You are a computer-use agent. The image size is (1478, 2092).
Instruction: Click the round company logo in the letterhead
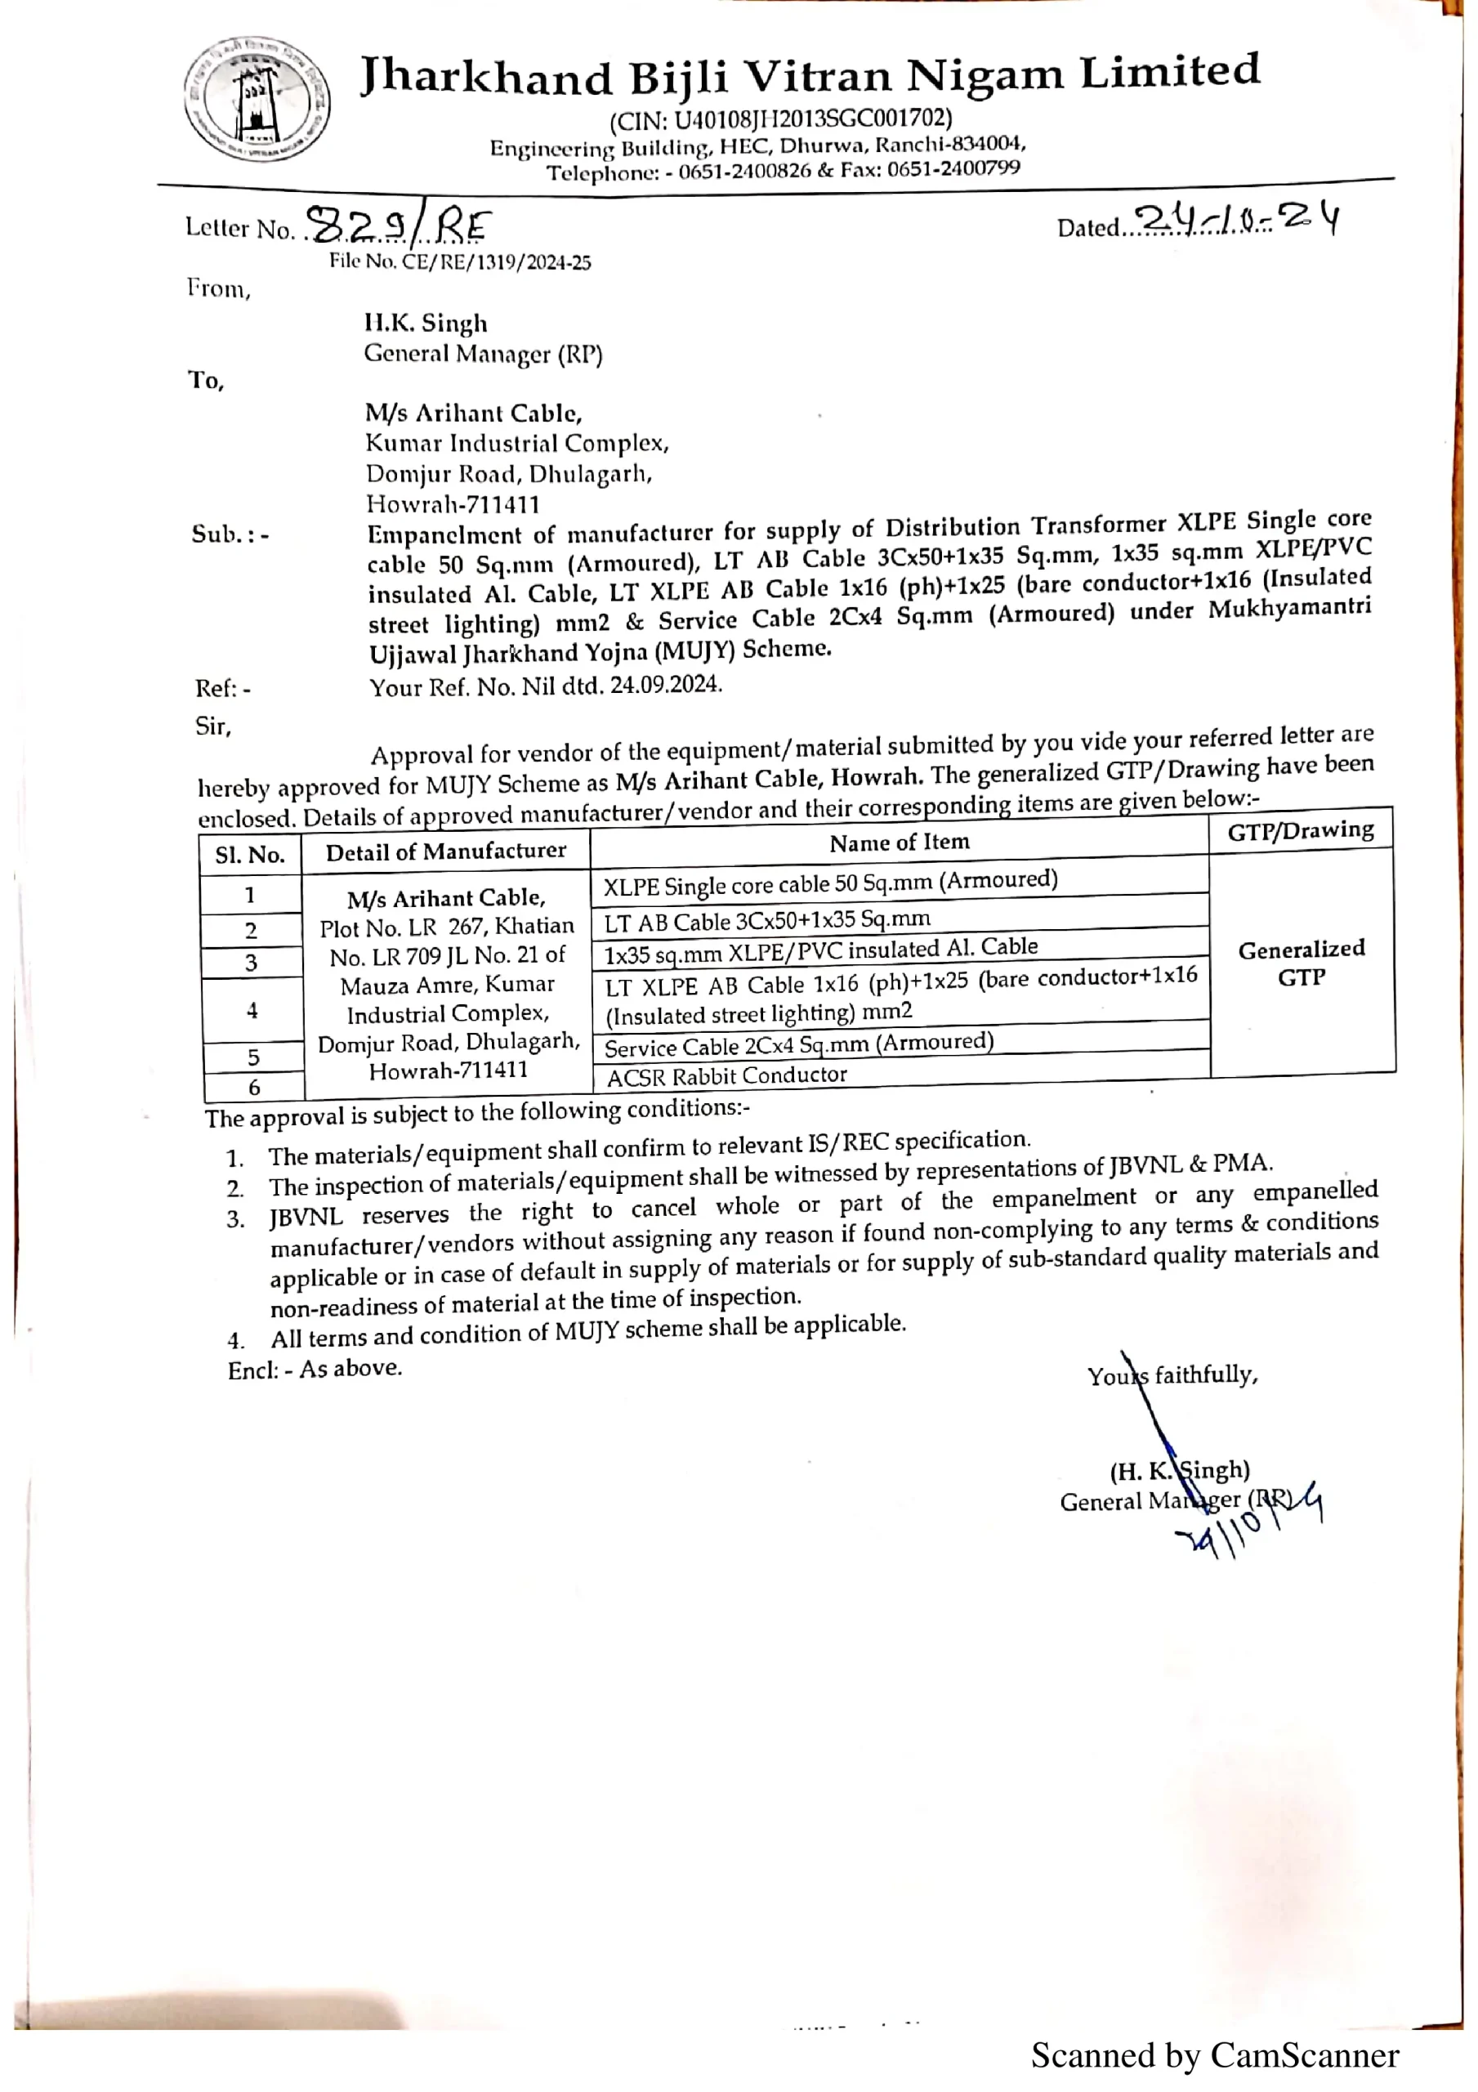[x=257, y=101]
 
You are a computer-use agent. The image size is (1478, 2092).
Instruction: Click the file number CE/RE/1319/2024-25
[x=460, y=262]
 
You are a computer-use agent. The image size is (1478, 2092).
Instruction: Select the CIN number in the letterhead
[x=781, y=118]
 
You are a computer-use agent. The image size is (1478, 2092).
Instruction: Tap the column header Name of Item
[x=900, y=842]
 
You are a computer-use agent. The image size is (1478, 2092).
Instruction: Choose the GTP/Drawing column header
[x=1301, y=830]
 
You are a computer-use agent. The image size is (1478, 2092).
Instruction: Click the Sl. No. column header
[x=250, y=855]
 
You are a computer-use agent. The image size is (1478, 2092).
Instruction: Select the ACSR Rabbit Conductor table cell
[x=727, y=1076]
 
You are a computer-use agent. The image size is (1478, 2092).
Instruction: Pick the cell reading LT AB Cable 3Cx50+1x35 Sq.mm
[x=767, y=920]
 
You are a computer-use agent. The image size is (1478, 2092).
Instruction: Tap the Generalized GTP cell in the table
[x=1302, y=963]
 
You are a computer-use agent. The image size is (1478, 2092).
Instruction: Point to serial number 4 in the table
[x=252, y=1009]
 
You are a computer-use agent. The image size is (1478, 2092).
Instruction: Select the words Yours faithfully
[x=1172, y=1375]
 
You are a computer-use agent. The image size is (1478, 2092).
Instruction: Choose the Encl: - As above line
[x=315, y=1369]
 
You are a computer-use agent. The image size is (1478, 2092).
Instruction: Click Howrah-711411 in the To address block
[x=453, y=504]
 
